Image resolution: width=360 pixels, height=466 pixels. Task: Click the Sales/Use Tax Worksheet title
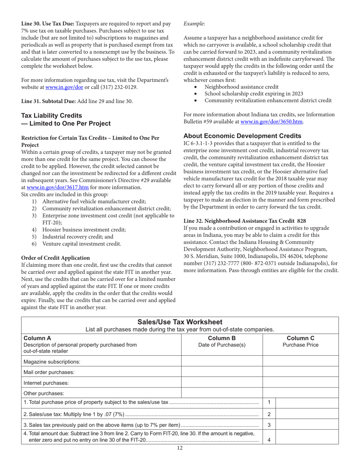pos(180,322)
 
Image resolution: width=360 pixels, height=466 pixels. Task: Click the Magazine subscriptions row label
pos(52,361)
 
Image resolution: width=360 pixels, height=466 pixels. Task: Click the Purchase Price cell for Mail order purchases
pos(301,372)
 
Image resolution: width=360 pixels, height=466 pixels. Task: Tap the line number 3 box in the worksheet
pos(269,425)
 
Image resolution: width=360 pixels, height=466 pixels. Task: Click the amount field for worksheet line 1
pos(306,402)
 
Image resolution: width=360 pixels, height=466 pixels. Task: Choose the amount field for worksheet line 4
pos(306,436)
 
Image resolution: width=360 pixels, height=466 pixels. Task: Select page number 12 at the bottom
pos(180,448)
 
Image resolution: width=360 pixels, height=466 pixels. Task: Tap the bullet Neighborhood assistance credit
pos(241,87)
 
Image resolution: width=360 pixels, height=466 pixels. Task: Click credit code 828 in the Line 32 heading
pos(302,220)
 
